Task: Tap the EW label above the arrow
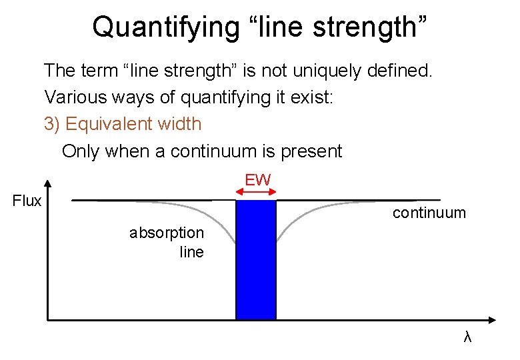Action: (x=257, y=179)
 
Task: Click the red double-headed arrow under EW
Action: (x=257, y=192)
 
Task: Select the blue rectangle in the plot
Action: (x=256, y=260)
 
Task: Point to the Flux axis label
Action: (x=27, y=201)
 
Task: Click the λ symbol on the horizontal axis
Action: (x=467, y=337)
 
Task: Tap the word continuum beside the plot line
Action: (x=429, y=213)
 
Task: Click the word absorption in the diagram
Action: (x=167, y=233)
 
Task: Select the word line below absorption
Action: (x=192, y=252)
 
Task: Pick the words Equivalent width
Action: (x=134, y=124)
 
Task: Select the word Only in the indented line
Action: (x=79, y=151)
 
